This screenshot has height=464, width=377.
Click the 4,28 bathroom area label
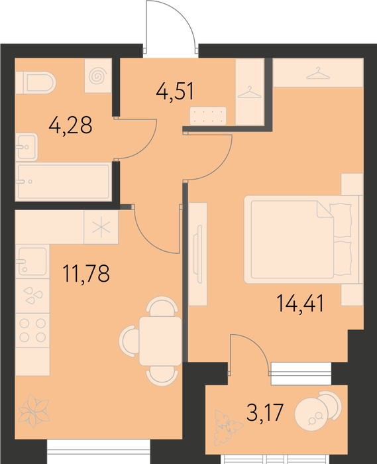pos(70,125)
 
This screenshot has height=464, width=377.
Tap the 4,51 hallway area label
pos(175,91)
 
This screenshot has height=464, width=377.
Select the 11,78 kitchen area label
pos(86,273)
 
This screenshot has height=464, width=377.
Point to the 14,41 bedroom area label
pos(300,304)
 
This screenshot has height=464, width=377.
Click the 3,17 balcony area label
pos(265,412)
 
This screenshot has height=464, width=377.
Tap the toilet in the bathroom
pos(36,83)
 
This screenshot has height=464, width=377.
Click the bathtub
pos(64,182)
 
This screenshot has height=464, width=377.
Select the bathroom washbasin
pos(27,147)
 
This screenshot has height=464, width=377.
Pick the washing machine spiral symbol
pos(98,76)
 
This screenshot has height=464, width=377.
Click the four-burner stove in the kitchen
pos(32,330)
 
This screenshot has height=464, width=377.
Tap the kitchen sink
pos(32,261)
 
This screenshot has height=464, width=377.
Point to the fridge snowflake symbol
pos(101,227)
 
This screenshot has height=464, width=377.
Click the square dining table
pos(160,341)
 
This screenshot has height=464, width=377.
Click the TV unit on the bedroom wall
pos(198,254)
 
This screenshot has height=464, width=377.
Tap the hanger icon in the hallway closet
pos(250,92)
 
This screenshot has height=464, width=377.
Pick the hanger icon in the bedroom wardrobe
pos(318,73)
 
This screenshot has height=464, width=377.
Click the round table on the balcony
pos(311,414)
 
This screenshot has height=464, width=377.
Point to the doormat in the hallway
pos(208,116)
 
